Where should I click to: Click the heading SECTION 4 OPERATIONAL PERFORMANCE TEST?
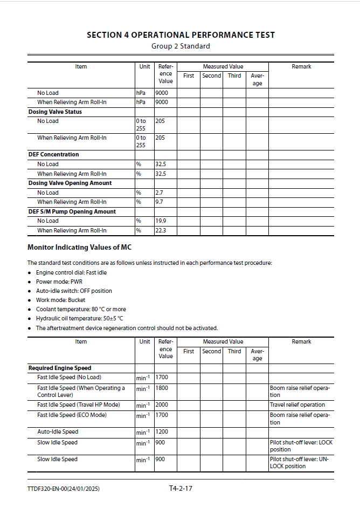point(181,35)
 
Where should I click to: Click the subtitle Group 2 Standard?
point(181,46)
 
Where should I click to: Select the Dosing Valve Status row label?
point(55,112)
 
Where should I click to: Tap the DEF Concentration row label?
point(53,154)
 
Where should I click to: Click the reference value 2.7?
point(160,193)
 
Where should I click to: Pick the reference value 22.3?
point(161,230)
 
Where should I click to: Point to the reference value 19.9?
point(161,221)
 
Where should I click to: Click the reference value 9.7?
point(160,202)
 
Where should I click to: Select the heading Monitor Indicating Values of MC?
point(79,248)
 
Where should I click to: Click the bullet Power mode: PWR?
point(59,282)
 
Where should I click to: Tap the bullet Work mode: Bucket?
point(60,300)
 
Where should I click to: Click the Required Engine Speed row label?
point(60,368)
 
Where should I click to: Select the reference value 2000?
point(162,405)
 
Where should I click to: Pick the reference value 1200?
point(162,431)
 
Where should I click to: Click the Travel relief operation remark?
point(297,405)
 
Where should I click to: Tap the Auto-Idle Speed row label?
point(58,431)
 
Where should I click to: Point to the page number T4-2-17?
point(181,489)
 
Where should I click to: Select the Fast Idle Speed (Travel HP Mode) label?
point(79,405)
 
